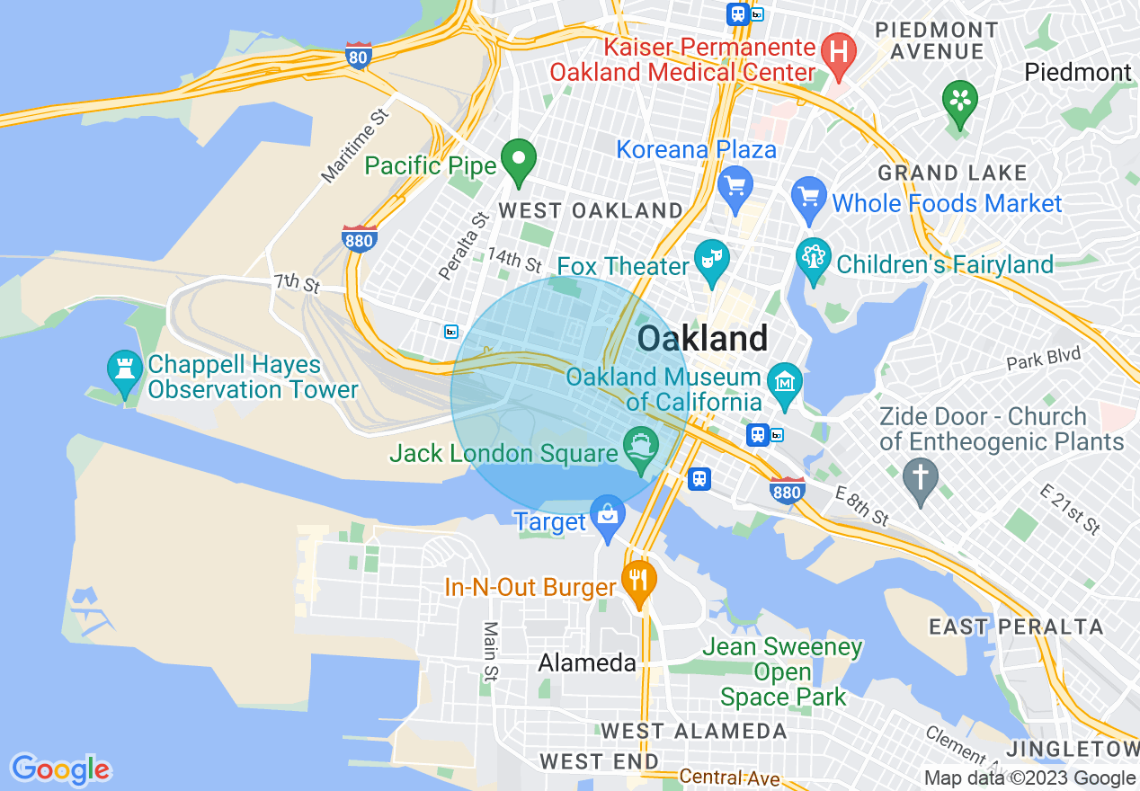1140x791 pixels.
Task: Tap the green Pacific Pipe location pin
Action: [x=518, y=161]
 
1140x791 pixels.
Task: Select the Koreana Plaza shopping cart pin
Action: [x=735, y=187]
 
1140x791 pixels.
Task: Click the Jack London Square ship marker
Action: [x=640, y=447]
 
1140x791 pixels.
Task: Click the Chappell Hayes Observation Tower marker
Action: [x=123, y=370]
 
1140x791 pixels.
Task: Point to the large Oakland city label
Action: [x=702, y=339]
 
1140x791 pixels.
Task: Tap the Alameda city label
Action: [x=587, y=663]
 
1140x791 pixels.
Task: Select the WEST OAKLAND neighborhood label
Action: [x=591, y=211]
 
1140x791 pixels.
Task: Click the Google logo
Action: [x=60, y=769]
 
